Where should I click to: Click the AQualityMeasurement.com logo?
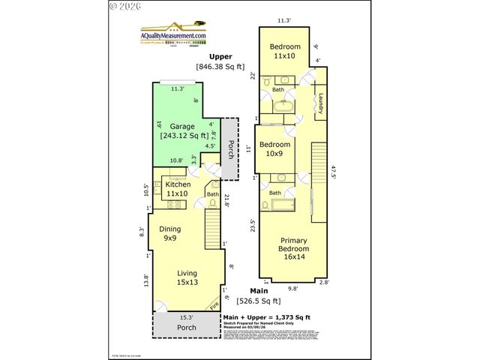click(x=173, y=36)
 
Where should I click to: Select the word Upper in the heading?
click(x=220, y=56)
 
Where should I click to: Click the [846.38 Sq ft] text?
click(x=220, y=67)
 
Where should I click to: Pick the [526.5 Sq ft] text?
click(x=261, y=301)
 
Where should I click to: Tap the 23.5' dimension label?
click(x=253, y=225)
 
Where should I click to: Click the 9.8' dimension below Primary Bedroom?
click(x=293, y=286)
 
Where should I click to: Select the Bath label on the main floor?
click(x=212, y=194)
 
